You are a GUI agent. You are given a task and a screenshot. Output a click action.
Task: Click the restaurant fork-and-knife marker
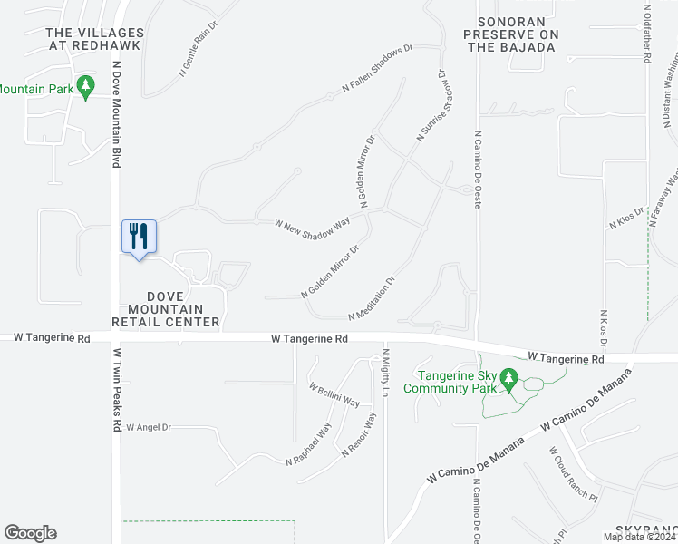tap(139, 238)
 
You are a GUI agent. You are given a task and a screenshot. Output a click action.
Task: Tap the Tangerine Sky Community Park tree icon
tap(509, 379)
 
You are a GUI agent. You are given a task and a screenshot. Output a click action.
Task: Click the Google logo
tap(30, 533)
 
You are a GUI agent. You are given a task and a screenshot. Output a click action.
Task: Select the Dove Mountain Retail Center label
tap(166, 309)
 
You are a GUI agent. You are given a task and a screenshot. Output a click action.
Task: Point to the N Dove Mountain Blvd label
tap(116, 114)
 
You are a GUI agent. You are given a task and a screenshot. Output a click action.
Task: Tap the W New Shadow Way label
tap(313, 223)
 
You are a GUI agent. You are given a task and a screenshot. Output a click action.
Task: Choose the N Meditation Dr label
tap(373, 298)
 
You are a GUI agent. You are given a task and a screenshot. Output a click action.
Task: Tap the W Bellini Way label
tap(334, 395)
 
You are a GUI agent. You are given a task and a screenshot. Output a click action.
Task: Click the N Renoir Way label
tap(359, 435)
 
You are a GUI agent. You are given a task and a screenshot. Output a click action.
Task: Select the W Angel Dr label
tap(149, 426)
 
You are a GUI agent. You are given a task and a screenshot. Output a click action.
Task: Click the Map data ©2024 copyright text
tap(639, 536)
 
